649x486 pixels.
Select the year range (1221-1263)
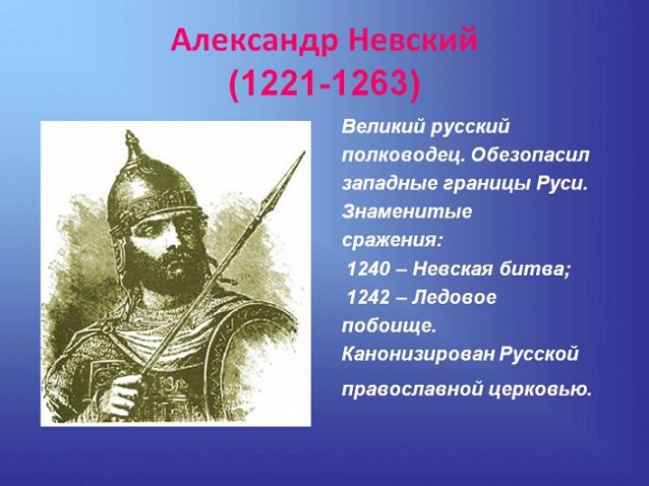[324, 85]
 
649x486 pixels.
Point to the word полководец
[403, 155]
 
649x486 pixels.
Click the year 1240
[371, 268]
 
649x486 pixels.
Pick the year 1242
[371, 296]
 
